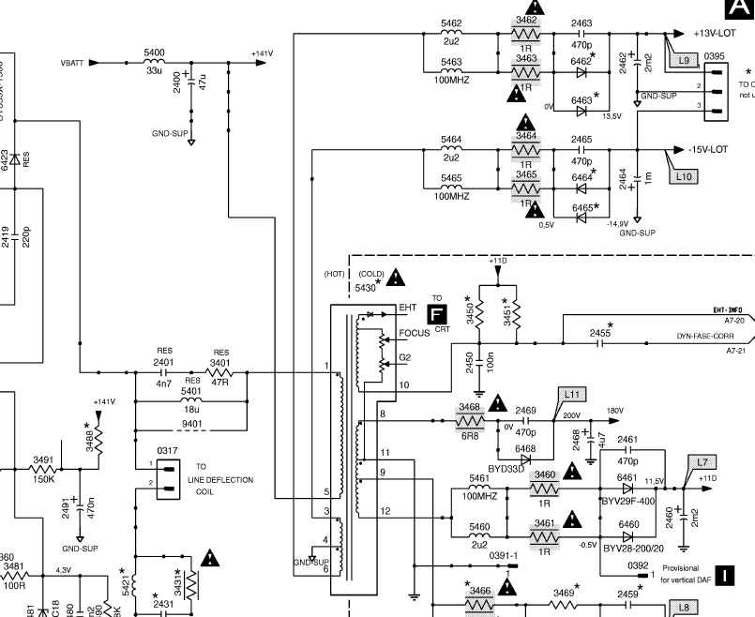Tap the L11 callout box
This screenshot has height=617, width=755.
point(572,394)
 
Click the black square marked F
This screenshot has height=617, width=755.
point(436,315)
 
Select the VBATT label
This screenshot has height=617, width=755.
point(71,63)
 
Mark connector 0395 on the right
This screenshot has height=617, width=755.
point(716,87)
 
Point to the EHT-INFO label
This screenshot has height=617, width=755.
point(728,308)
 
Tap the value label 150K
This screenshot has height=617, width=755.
point(43,479)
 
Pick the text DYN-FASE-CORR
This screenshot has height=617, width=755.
point(704,335)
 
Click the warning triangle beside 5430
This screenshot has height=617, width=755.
point(397,278)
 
